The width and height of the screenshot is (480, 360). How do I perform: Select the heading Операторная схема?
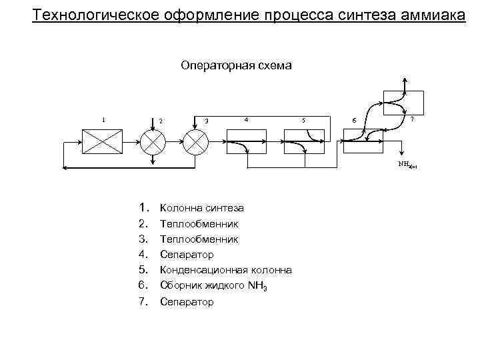pos(236,66)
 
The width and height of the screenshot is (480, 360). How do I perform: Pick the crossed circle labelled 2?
pos(153,141)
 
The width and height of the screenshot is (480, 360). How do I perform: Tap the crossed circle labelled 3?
pos(196,141)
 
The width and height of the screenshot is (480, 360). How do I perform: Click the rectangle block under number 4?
pos(247,141)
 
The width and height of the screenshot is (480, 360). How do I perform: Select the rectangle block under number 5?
pos(304,141)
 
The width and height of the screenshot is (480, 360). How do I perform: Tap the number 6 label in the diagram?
pos(354,121)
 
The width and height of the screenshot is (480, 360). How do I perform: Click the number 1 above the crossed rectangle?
pos(103,120)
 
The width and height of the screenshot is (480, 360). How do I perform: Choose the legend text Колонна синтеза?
pos(202,209)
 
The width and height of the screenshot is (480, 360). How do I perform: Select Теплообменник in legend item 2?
pos(199,224)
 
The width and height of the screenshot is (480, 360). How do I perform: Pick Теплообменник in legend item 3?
pos(199,239)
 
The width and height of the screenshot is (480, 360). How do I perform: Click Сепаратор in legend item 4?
pos(187,254)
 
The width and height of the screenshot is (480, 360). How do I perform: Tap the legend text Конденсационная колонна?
pos(226,270)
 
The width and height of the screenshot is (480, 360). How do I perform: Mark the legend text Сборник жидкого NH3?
pos(214,285)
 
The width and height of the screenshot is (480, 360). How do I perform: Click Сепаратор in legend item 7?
pos(187,302)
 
